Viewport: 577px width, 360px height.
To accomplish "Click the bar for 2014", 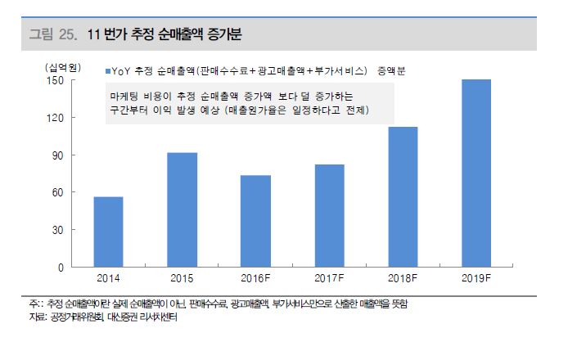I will point(108,232).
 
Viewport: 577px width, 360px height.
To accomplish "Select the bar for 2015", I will point(182,209).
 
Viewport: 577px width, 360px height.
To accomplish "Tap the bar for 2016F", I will point(255,221).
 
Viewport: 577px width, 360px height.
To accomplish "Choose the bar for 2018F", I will point(402,196).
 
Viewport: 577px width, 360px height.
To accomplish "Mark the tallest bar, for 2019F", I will point(476,173).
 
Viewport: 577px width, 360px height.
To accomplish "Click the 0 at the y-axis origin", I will point(60,268).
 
